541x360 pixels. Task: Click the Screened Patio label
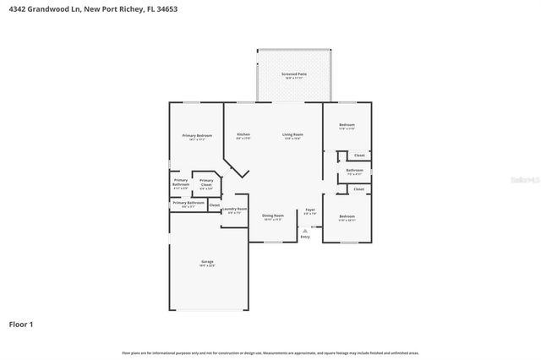(x=294, y=74)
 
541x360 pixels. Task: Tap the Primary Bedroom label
(x=197, y=135)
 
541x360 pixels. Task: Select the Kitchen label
(x=243, y=134)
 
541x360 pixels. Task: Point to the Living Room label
(x=292, y=134)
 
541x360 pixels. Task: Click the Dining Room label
(x=272, y=215)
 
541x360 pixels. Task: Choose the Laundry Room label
(x=234, y=209)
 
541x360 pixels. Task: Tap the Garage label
(x=207, y=261)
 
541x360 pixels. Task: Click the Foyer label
(x=310, y=210)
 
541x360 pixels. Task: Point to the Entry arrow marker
(x=303, y=228)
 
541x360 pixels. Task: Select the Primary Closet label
(x=206, y=181)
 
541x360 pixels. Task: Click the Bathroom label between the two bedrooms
(x=354, y=171)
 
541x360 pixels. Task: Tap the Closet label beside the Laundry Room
(x=215, y=205)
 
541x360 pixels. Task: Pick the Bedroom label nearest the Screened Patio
(x=347, y=125)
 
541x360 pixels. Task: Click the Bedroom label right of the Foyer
(x=347, y=216)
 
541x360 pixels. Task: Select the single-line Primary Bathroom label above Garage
(x=189, y=203)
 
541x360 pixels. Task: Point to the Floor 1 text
(x=21, y=324)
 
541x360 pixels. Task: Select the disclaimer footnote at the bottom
(x=270, y=352)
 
